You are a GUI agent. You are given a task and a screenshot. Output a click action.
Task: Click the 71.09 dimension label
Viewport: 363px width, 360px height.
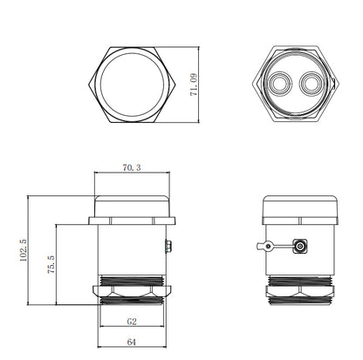point(194,85)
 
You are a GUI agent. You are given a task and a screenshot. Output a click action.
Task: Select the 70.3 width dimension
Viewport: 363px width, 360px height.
point(132,167)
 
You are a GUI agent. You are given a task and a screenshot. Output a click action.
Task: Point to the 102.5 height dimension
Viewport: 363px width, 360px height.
point(24,250)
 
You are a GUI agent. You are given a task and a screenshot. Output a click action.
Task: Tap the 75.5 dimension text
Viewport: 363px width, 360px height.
point(51,265)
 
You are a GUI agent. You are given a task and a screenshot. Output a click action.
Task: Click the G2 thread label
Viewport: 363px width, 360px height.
point(132,322)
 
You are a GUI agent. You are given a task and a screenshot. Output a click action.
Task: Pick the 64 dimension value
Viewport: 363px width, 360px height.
point(132,342)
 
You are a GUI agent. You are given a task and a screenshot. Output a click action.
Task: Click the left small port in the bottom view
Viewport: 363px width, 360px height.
point(279,84)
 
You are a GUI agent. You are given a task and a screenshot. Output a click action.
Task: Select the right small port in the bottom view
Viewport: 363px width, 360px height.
point(311,84)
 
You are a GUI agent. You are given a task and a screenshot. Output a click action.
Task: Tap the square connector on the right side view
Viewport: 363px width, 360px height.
point(300,247)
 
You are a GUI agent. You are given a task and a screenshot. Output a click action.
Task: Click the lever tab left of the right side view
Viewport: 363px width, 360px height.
point(265,247)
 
